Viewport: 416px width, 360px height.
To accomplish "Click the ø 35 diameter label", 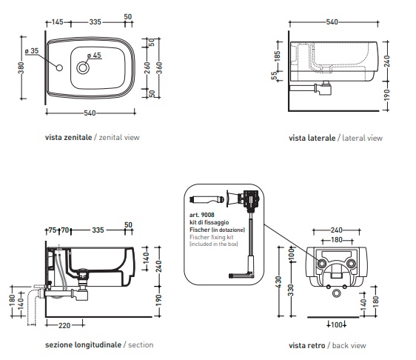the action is pyautogui.click(x=32, y=50).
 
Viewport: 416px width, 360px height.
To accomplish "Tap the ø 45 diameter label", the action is pyautogui.click(x=94, y=56).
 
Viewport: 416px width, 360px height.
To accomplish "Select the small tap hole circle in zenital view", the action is pyautogui.click(x=59, y=67).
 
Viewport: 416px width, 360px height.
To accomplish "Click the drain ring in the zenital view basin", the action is pyautogui.click(x=83, y=67).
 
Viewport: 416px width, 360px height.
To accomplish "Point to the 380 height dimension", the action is pyautogui.click(x=21, y=68).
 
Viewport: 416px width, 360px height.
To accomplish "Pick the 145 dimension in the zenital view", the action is pyautogui.click(x=57, y=21).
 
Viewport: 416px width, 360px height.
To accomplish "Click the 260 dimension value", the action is pyautogui.click(x=147, y=68).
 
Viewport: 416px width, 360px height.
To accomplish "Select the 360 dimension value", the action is pyautogui.click(x=159, y=68).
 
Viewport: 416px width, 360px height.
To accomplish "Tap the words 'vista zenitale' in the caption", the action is pyautogui.click(x=68, y=137).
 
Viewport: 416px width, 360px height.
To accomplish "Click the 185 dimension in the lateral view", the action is pyautogui.click(x=277, y=56).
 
